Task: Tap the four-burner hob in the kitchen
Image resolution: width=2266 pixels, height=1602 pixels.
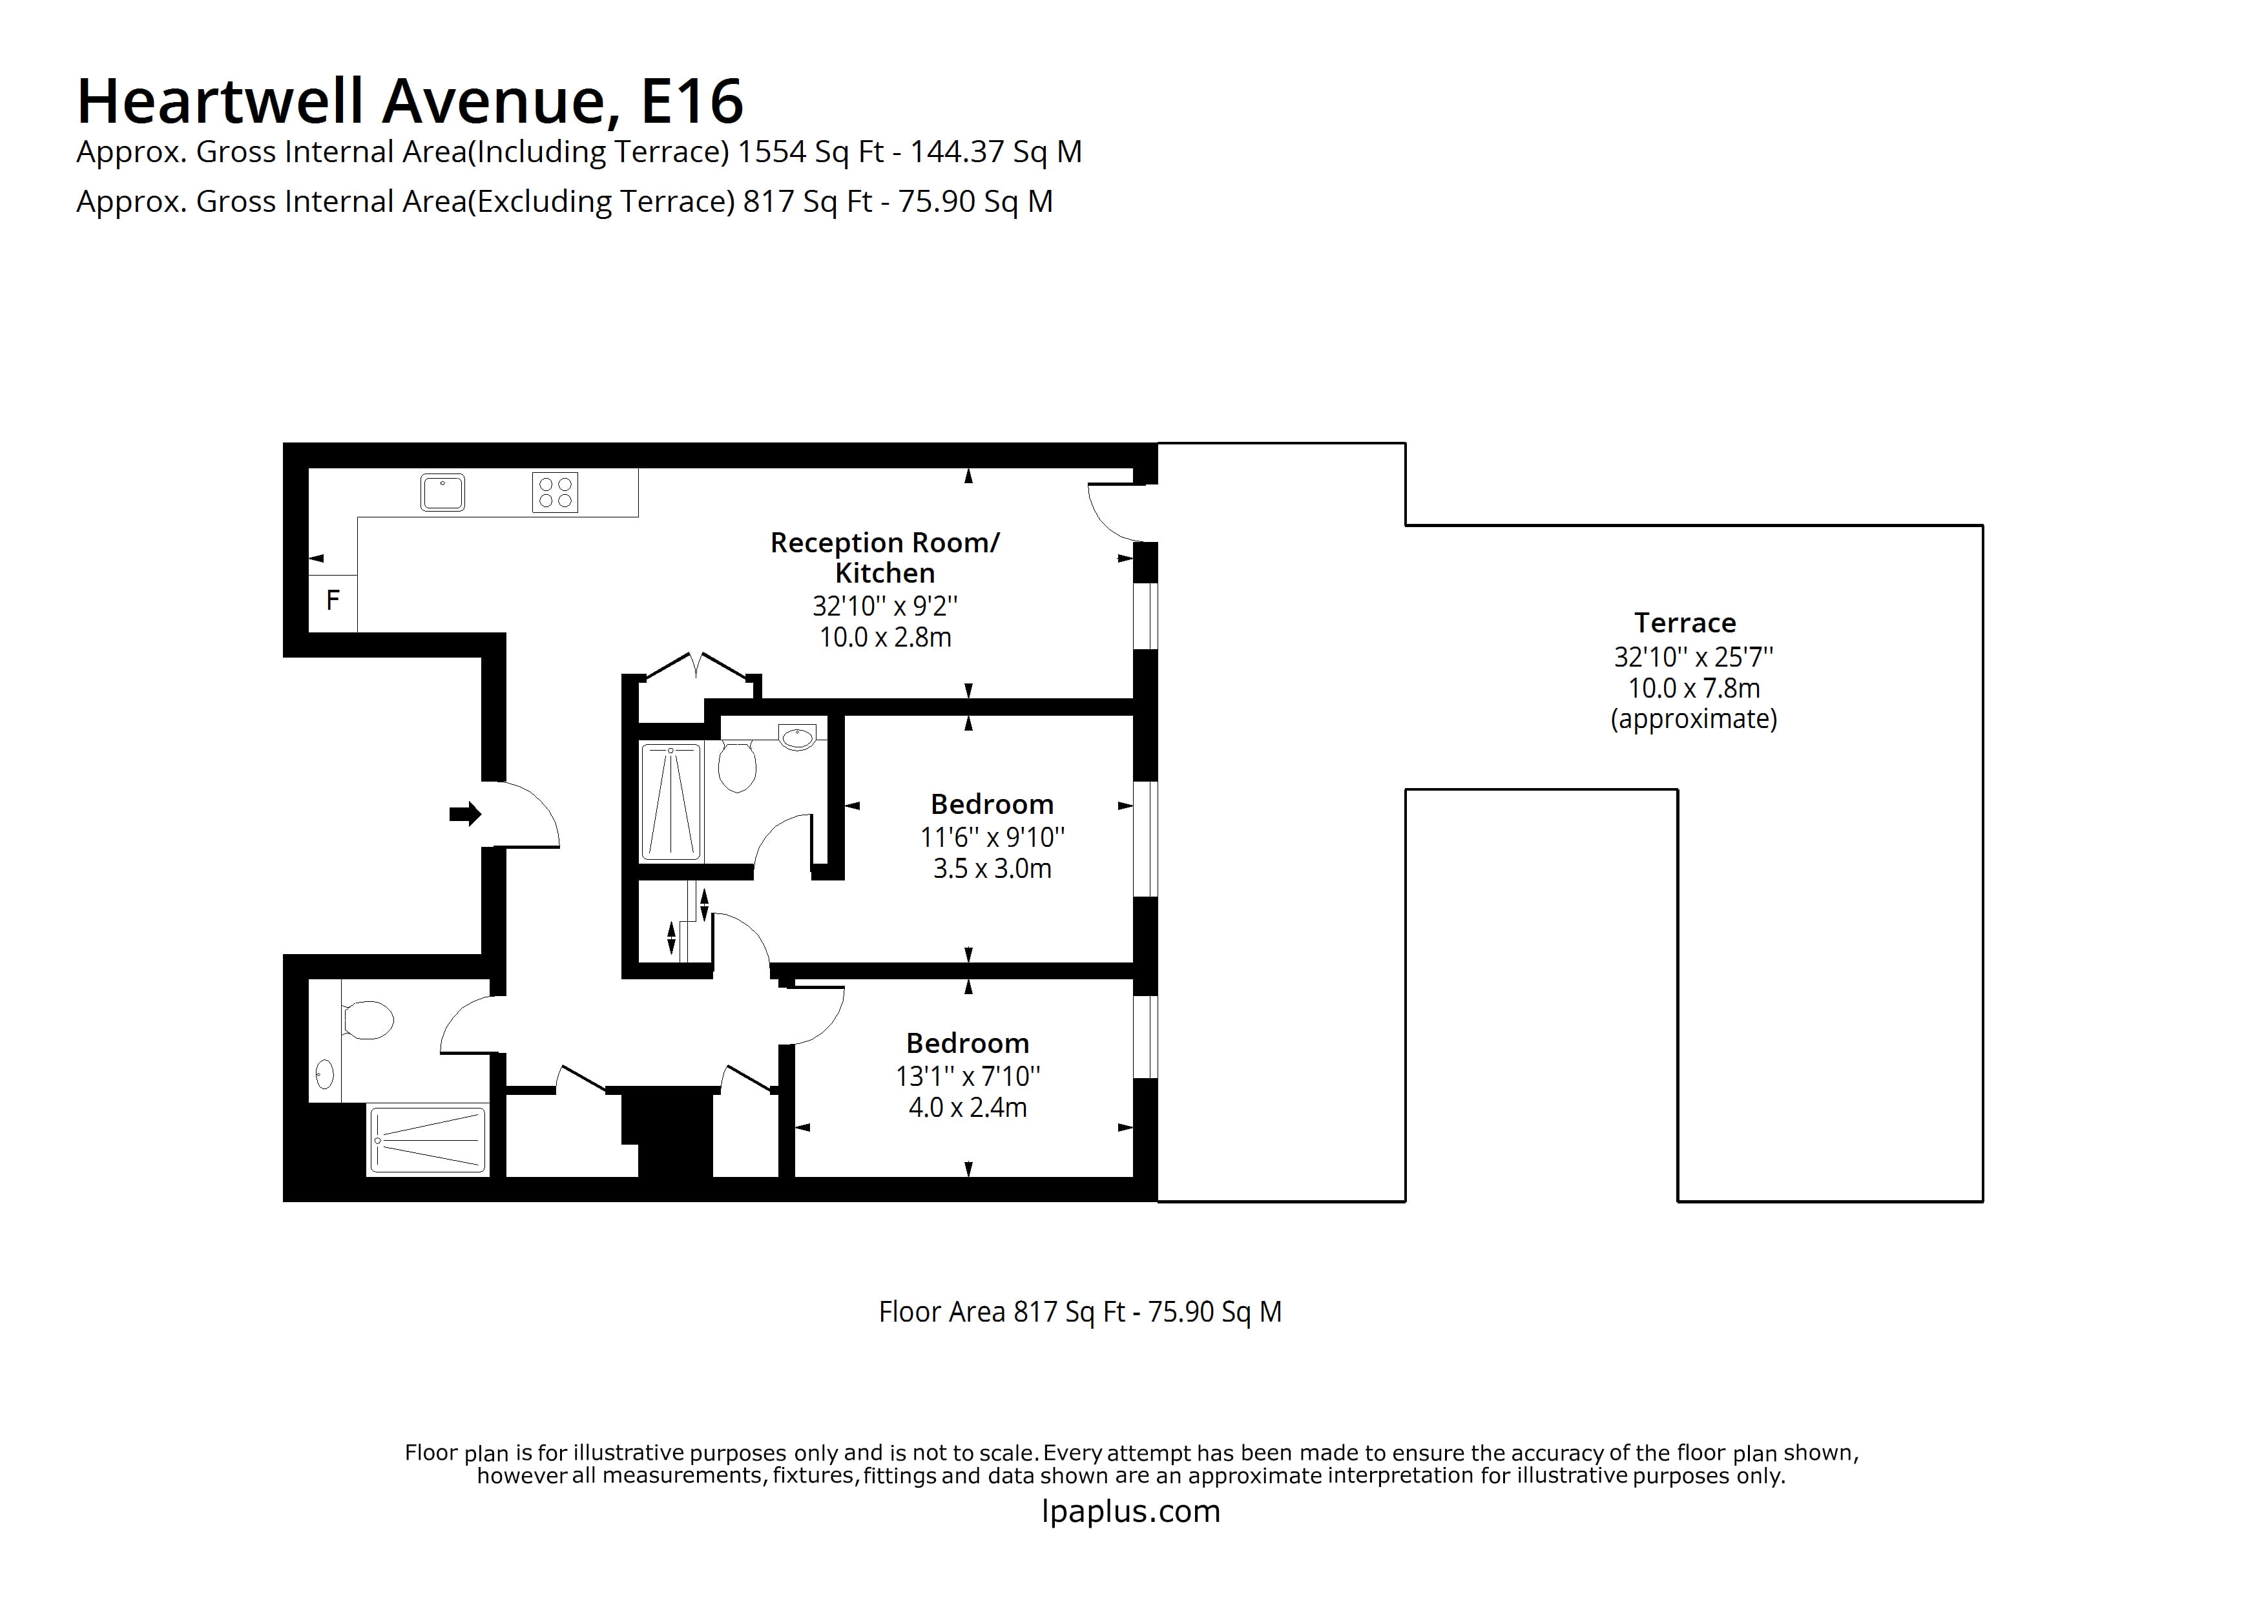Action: [x=555, y=492]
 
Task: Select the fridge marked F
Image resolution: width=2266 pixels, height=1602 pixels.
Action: [x=333, y=599]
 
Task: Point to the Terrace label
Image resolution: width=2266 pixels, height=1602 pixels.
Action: [x=1684, y=623]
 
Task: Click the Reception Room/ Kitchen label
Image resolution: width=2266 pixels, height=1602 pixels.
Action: [x=884, y=557]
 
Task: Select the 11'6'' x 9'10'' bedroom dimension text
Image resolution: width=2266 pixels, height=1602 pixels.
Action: [x=992, y=837]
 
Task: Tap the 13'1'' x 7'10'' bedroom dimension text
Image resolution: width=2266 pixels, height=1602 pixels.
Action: [x=967, y=1076]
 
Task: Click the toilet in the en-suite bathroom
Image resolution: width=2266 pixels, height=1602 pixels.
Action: [x=736, y=766]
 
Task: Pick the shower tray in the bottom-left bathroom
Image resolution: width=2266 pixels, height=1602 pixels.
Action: [x=428, y=1140]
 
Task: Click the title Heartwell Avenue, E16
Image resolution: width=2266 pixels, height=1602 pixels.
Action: [x=410, y=101]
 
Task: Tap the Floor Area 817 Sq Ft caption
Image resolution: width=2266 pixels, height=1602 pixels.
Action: [x=1079, y=1312]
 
